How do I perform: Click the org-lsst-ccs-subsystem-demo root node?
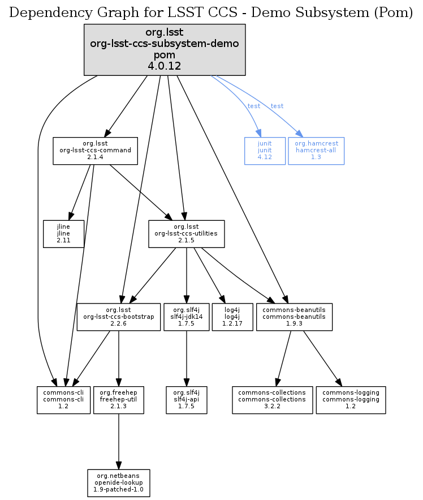point(165,50)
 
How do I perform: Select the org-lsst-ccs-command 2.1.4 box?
point(96,151)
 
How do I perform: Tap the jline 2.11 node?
point(63,233)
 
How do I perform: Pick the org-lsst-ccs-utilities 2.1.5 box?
point(187,233)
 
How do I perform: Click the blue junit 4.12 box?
point(265,151)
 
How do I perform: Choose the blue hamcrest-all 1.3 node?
point(316,151)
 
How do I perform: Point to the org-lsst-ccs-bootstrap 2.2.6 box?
point(118,317)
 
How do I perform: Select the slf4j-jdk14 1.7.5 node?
point(187,317)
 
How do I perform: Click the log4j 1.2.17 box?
point(232,317)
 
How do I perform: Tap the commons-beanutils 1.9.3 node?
point(294,317)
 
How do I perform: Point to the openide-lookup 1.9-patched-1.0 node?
point(118,482)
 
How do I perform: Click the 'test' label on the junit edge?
point(254,106)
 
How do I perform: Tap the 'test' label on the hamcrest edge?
point(277,106)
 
